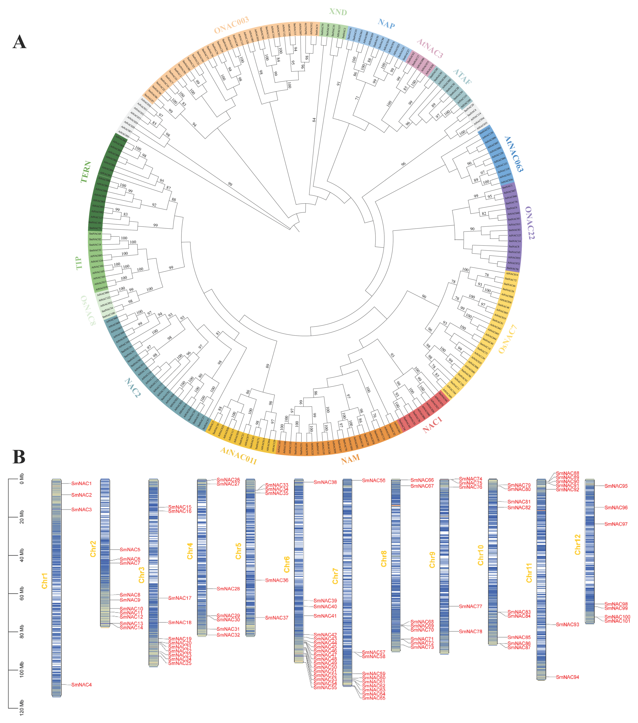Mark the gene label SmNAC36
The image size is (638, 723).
point(277,580)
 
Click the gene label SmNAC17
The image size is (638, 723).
point(180,598)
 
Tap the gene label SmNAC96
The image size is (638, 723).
point(616,508)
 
